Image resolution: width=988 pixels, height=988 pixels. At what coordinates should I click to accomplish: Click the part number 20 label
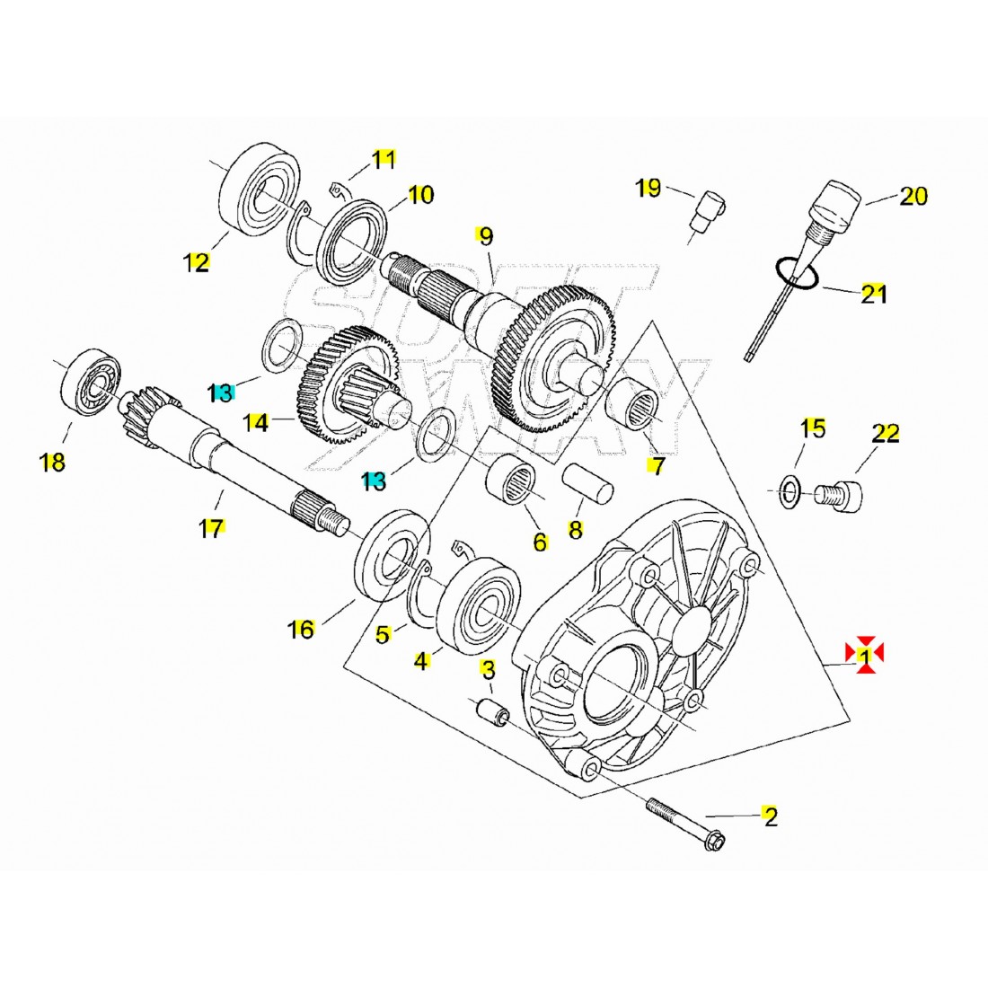pyautogui.click(x=913, y=195)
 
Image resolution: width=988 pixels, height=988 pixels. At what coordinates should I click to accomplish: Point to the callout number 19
pyautogui.click(x=648, y=188)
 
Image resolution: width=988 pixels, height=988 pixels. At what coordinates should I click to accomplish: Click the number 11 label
pyautogui.click(x=384, y=160)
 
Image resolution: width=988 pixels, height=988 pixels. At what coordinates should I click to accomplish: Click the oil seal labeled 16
pyautogui.click(x=389, y=557)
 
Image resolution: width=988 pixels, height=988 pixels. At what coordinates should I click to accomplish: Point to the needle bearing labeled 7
pyautogui.click(x=638, y=406)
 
